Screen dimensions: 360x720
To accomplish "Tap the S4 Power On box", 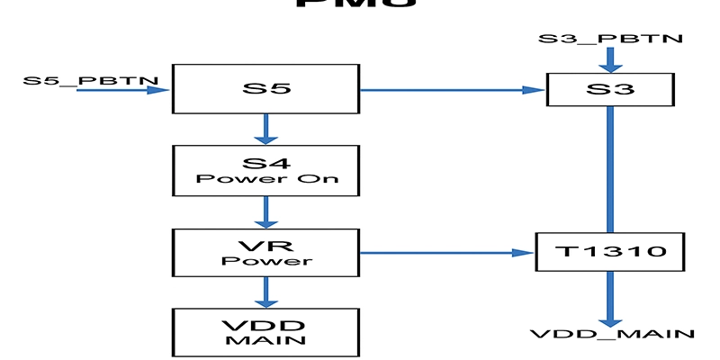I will [265, 171].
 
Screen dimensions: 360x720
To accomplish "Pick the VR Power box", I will [265, 253].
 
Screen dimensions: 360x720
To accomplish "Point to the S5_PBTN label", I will [90, 80].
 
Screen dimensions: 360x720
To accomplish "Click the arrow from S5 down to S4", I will [265, 130].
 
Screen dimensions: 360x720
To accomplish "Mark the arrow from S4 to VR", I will [265, 211].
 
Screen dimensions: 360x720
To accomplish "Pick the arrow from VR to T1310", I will [445, 253].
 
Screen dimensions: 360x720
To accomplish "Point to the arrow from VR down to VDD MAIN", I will [265, 292].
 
